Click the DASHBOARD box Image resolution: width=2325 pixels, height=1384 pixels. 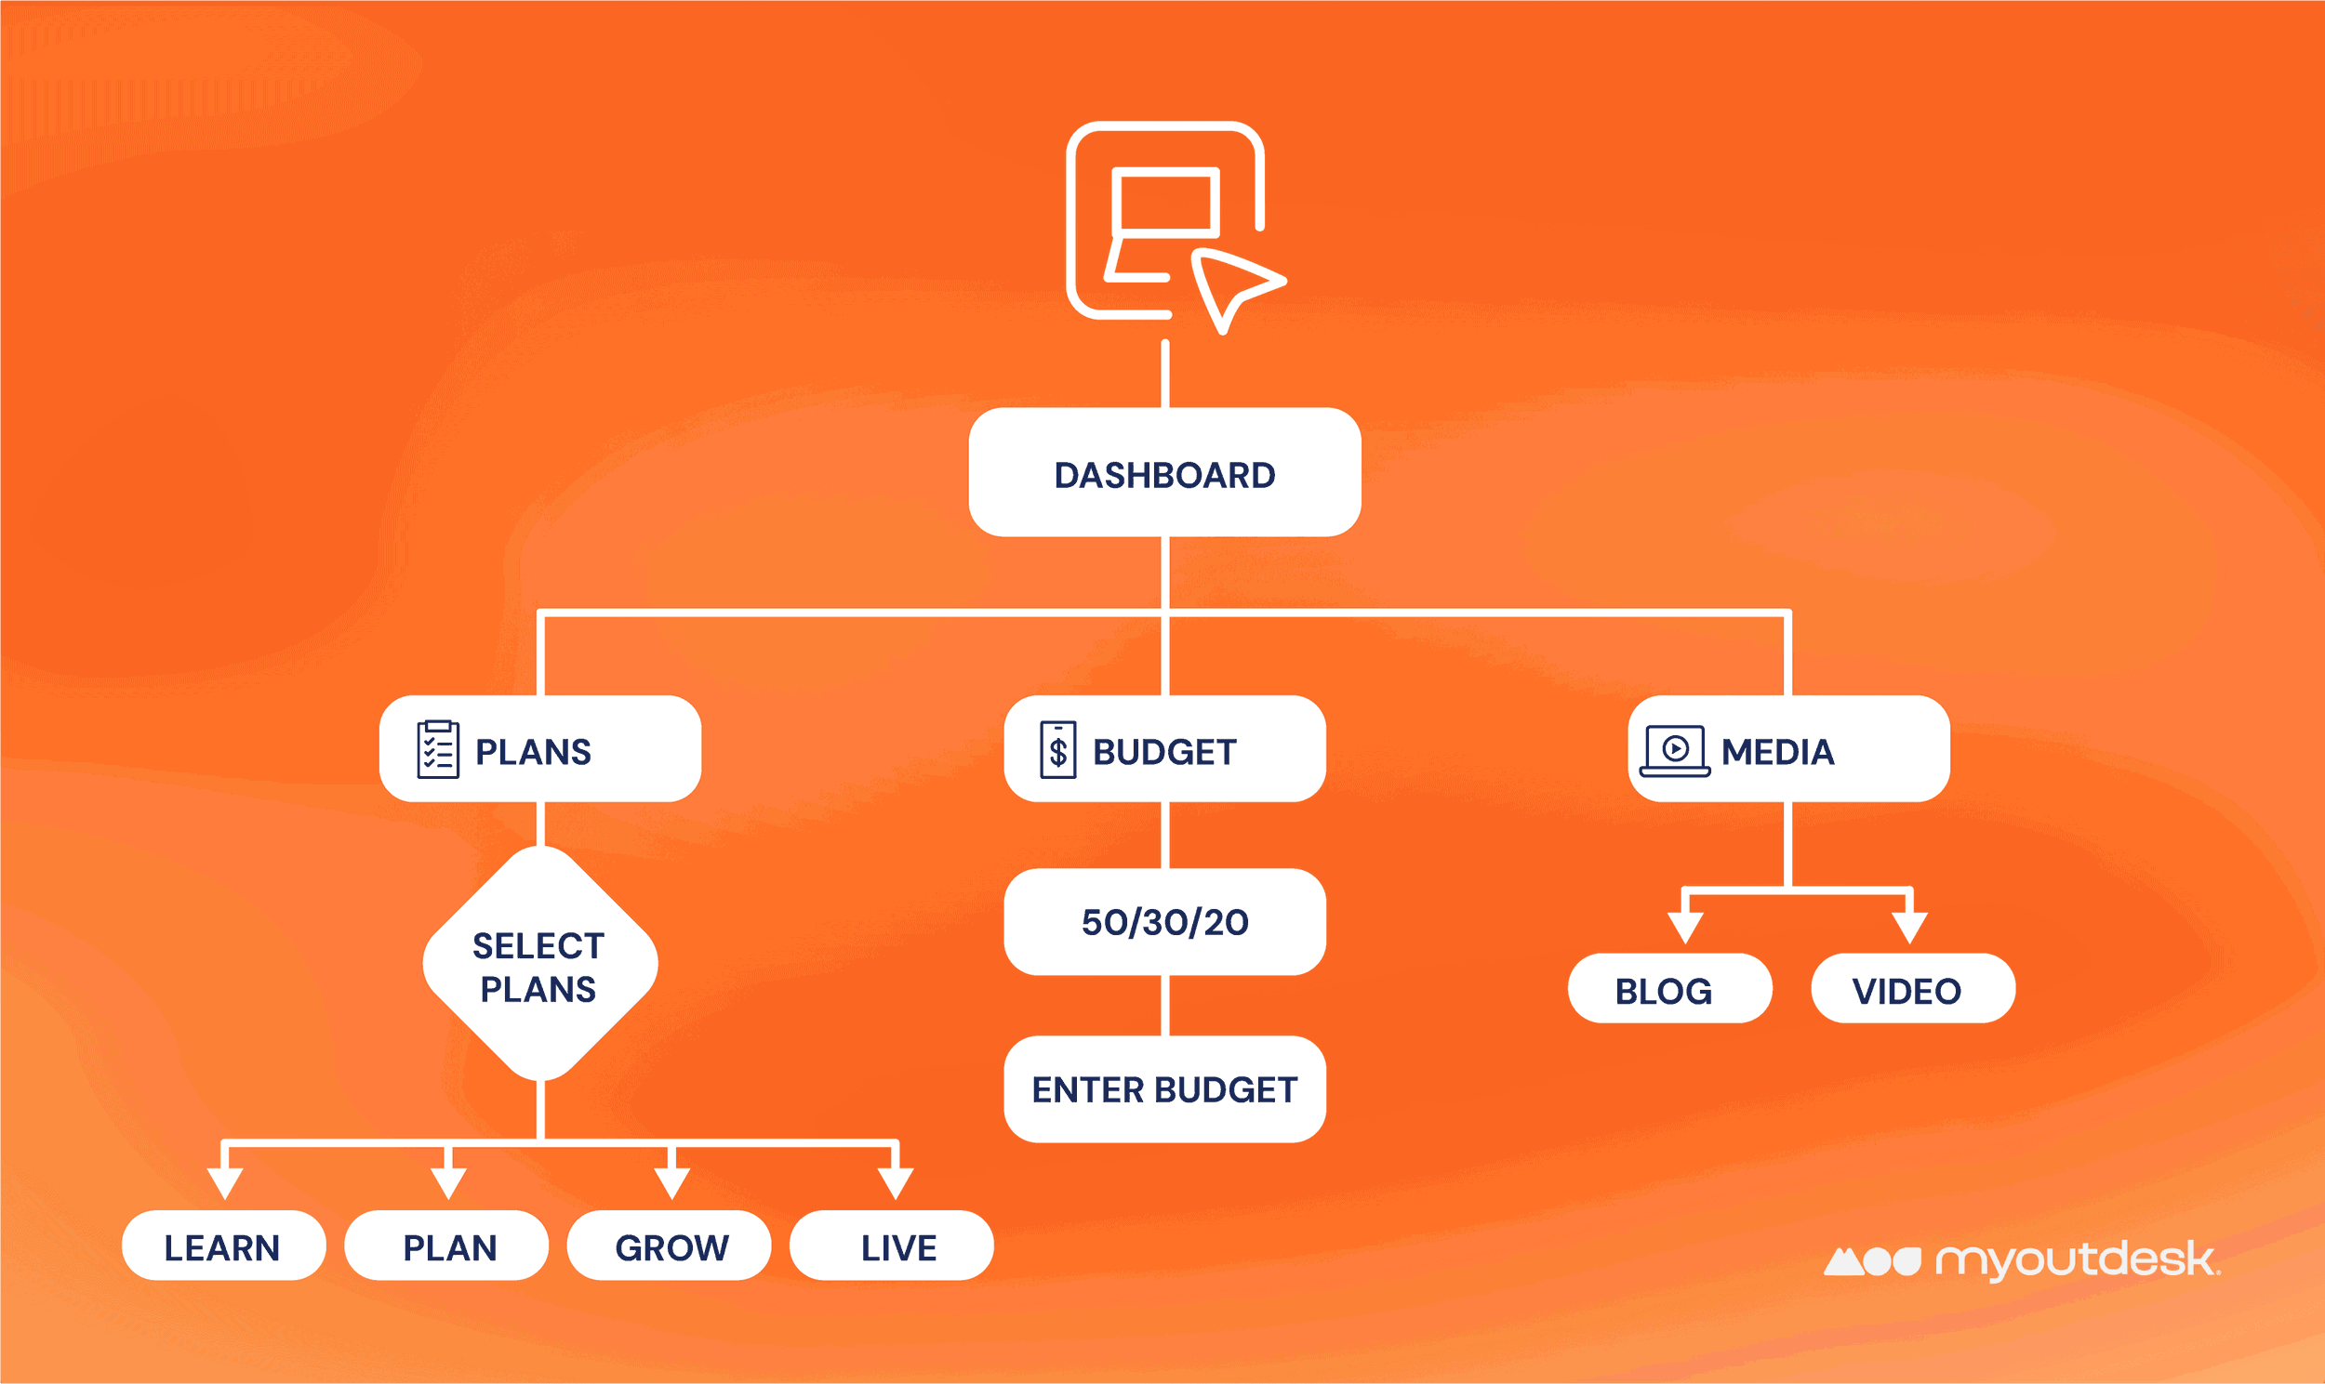pos(1164,473)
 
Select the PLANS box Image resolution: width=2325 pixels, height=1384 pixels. pos(540,749)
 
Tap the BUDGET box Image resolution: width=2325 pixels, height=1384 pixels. pos(1164,749)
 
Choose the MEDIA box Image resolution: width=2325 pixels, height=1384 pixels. pos(1788,749)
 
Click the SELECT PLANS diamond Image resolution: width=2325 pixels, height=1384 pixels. pos(540,964)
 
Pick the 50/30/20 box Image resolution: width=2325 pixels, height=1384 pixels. pos(1164,922)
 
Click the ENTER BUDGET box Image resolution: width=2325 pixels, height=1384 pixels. pos(1164,1089)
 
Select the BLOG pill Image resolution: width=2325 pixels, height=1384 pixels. pos(1670,989)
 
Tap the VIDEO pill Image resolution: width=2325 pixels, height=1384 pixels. pos(1913,989)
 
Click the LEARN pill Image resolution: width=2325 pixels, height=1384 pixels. pos(224,1246)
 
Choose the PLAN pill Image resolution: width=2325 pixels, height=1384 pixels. pos(447,1246)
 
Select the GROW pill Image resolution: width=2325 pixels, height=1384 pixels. pos(670,1246)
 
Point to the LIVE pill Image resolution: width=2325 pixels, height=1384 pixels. pos(892,1246)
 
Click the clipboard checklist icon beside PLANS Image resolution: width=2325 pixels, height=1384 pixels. pos(438,749)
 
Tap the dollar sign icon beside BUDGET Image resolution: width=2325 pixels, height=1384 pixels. pos(1058,750)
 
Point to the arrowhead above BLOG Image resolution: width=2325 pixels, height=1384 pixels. pos(1686,928)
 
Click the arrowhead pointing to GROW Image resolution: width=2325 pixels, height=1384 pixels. pos(671,1183)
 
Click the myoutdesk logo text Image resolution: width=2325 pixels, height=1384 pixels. pos(2077,1261)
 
